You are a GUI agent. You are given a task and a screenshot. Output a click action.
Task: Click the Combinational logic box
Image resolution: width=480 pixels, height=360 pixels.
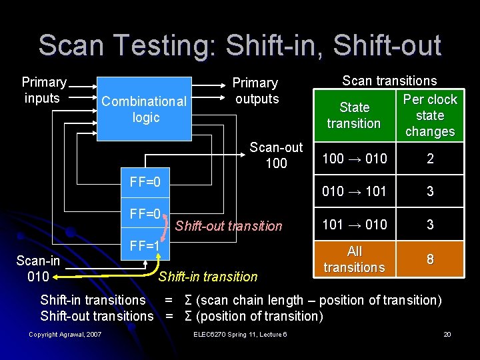point(145,109)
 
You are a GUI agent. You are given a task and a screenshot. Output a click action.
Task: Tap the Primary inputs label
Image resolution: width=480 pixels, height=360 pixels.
point(44,90)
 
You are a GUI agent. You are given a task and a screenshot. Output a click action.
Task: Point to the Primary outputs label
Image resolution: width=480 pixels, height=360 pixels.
point(255,91)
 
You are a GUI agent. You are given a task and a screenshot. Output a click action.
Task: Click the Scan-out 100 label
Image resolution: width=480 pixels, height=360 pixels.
point(275,155)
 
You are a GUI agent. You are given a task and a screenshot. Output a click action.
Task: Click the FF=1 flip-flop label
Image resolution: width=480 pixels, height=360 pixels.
point(145,245)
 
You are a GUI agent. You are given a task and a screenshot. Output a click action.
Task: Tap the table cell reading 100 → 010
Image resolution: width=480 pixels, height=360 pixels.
point(354,159)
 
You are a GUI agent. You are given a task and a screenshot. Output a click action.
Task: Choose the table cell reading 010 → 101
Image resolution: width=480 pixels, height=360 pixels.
point(354,191)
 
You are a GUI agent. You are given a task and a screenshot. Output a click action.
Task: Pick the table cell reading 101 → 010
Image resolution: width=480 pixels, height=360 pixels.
point(354,224)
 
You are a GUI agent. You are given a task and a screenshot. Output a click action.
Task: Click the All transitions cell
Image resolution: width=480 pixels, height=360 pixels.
point(354,259)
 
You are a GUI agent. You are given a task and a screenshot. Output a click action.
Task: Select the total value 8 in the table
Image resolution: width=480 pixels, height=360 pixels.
point(430,259)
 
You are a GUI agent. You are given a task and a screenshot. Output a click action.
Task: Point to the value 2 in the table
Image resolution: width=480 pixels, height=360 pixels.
point(430,159)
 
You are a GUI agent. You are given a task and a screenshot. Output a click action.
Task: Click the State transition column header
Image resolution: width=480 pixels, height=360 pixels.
point(354,115)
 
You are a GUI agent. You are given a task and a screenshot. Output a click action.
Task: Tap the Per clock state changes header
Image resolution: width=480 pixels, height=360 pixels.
point(430,115)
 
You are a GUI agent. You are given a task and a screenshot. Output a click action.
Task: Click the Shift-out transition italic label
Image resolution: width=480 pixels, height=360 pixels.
point(229,226)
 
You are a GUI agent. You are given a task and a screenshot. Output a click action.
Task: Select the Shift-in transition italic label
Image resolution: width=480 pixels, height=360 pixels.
point(207,277)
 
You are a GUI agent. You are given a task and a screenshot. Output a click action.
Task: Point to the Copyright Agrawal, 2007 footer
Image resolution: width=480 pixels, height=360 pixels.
point(65,334)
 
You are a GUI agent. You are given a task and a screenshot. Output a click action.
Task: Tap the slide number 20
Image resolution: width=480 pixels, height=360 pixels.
point(447,334)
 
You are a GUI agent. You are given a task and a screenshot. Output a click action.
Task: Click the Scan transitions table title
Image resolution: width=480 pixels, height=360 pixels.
point(389,81)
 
